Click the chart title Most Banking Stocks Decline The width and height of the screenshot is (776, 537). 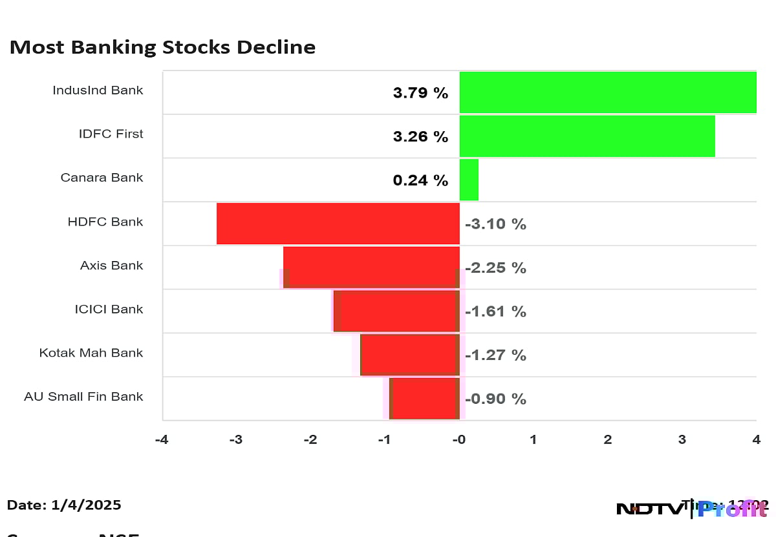click(162, 47)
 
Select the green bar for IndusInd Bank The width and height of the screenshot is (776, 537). click(608, 92)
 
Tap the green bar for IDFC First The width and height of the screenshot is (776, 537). click(587, 136)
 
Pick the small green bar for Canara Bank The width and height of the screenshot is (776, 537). click(469, 180)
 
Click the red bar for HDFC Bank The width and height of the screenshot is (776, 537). click(338, 224)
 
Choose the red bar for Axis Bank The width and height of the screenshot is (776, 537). click(371, 267)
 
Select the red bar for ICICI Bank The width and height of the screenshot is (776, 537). click(396, 311)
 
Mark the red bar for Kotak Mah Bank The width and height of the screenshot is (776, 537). click(409, 355)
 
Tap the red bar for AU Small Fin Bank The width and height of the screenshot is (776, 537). click(425, 399)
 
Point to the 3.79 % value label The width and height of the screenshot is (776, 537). click(420, 93)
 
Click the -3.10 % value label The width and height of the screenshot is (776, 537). click(495, 224)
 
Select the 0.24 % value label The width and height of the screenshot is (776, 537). click(420, 180)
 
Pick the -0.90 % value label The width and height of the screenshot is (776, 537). click(495, 399)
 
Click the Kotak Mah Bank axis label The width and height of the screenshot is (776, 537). click(91, 353)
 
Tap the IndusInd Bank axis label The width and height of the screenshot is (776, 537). click(98, 90)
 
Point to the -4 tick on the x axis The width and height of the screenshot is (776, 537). click(162, 440)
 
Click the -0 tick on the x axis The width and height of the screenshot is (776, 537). click(458, 440)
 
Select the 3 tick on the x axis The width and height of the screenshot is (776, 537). click(682, 440)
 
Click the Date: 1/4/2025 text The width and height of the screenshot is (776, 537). click(64, 505)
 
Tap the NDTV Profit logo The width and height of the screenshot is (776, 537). click(692, 509)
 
